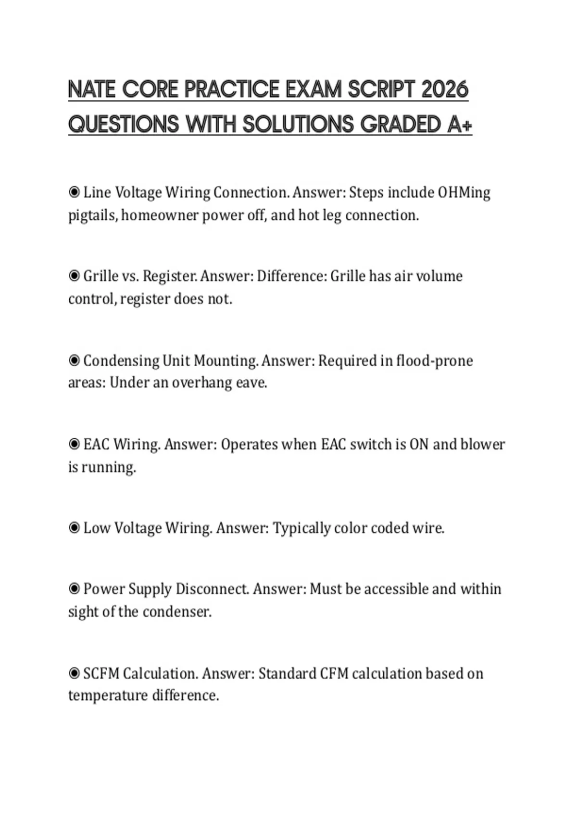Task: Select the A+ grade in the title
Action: (x=460, y=125)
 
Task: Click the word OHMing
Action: (x=464, y=192)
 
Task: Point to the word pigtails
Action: (x=92, y=215)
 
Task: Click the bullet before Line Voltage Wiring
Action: (x=74, y=192)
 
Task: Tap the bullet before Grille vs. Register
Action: (x=74, y=276)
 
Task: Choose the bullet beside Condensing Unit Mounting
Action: (x=74, y=360)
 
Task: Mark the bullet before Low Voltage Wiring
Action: (x=74, y=528)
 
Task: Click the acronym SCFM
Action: (x=101, y=673)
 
